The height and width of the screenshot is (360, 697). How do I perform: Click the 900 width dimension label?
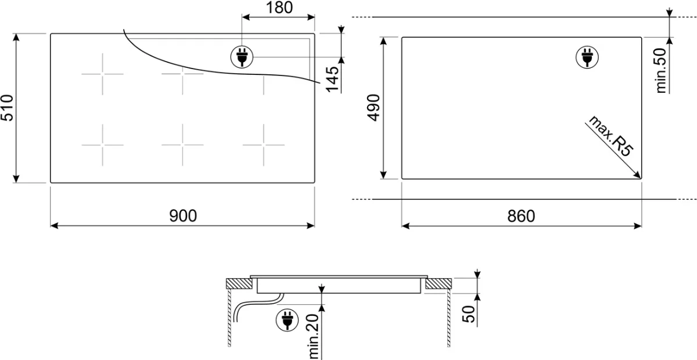tap(183, 215)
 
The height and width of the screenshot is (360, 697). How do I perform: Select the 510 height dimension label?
tap(7, 107)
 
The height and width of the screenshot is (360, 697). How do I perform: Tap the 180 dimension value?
tap(279, 8)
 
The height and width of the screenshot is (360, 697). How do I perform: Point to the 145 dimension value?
tap(332, 80)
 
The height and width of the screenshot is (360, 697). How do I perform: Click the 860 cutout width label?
tap(521, 216)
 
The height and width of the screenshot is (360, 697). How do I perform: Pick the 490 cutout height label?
tap(373, 107)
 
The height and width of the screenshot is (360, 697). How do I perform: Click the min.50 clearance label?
tap(661, 71)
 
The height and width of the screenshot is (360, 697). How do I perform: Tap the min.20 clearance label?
tap(314, 337)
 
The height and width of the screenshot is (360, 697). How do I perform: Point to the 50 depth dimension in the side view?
tap(469, 314)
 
